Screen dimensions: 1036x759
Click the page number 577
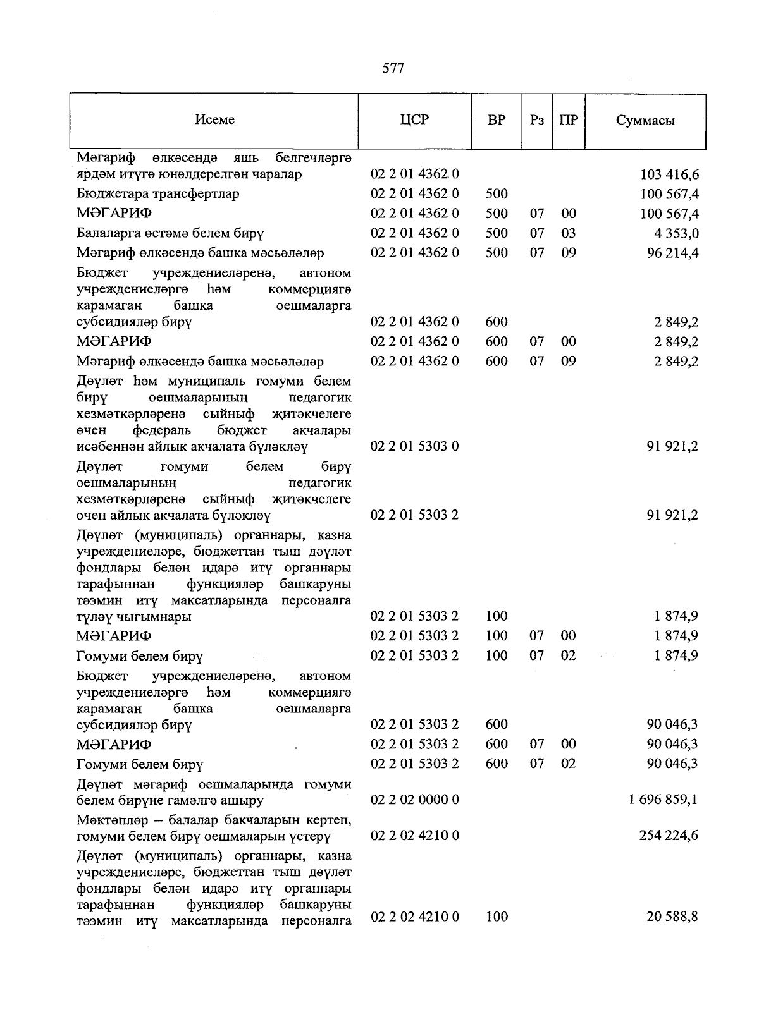(393, 69)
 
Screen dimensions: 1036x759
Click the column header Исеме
(214, 119)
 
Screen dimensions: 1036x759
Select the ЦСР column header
(414, 119)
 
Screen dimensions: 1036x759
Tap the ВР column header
(497, 119)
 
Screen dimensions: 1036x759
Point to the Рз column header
(536, 120)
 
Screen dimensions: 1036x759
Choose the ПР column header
(569, 120)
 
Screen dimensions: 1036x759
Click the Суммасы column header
(645, 121)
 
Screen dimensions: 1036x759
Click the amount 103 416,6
(669, 174)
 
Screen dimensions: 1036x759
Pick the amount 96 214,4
(672, 253)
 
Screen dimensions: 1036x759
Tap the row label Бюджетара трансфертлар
(158, 193)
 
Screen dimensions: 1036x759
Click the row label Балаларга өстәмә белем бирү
(170, 233)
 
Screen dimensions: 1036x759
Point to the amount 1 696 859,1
(663, 800)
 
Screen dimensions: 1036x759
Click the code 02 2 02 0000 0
(414, 800)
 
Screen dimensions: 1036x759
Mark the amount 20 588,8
(672, 916)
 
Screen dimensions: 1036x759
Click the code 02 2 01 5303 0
(414, 446)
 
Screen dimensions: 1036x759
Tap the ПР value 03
(569, 233)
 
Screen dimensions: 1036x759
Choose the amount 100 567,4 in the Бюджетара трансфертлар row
(669, 194)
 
